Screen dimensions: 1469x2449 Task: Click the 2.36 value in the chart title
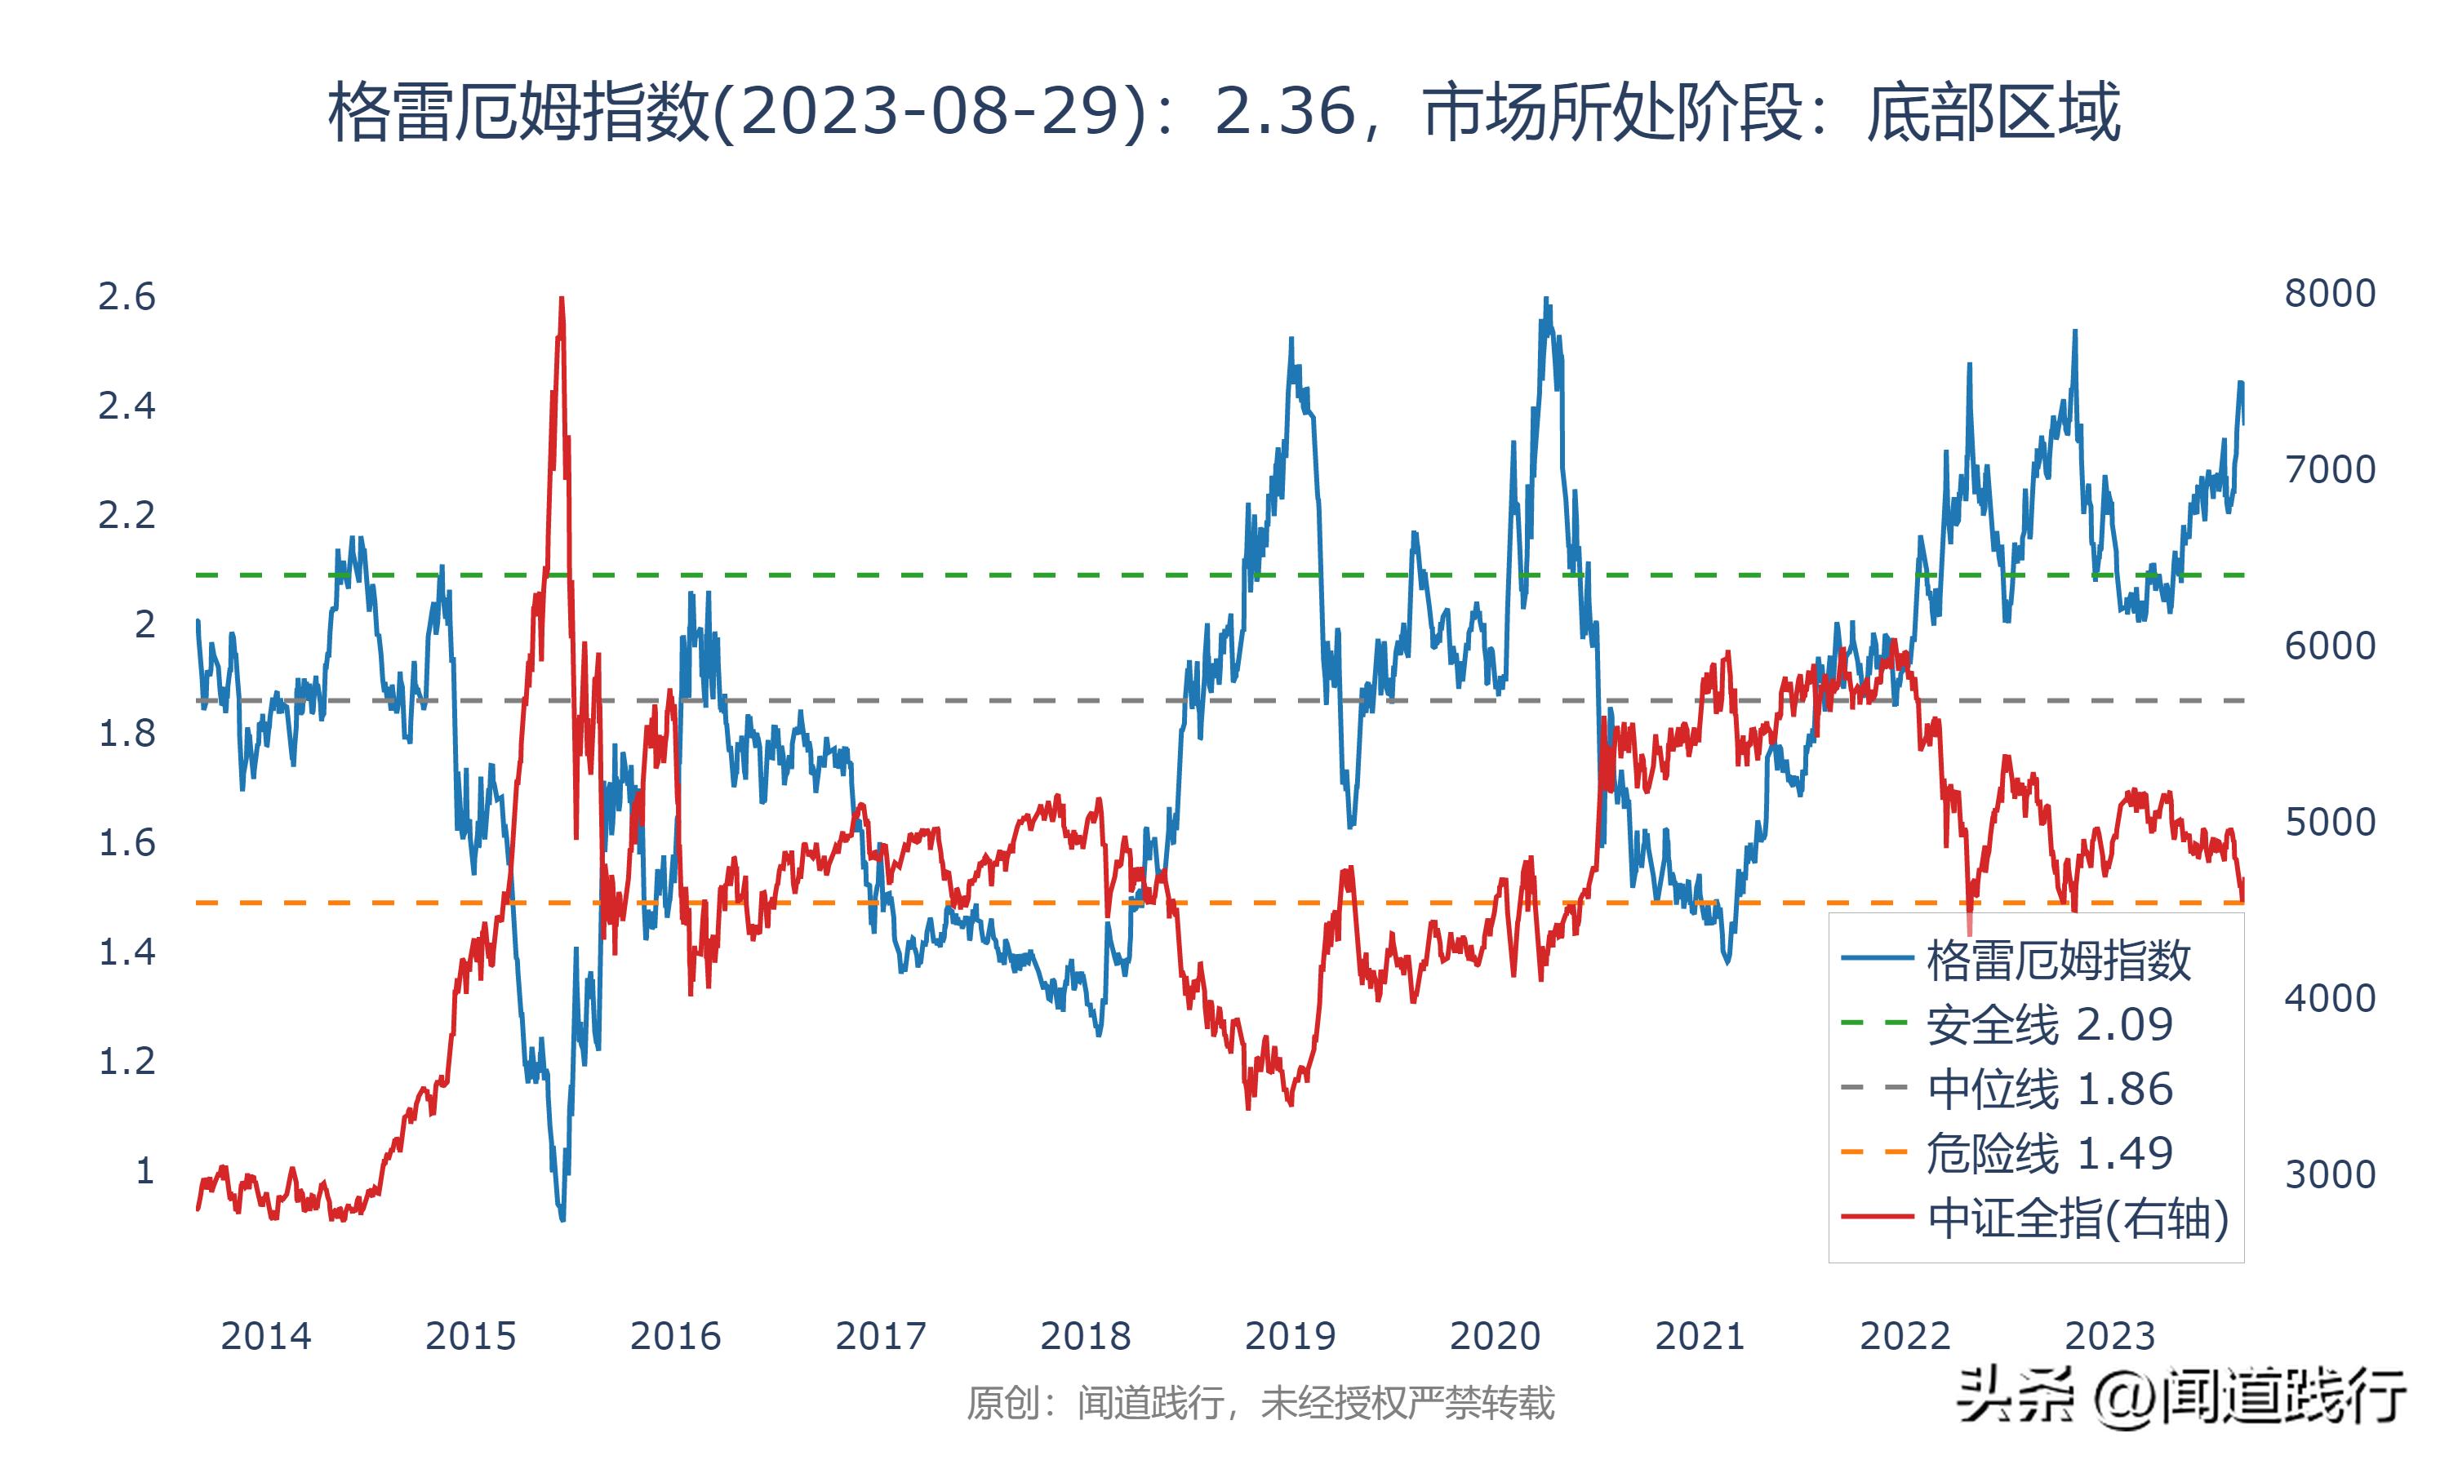1284,112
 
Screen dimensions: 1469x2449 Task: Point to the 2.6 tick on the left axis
127,297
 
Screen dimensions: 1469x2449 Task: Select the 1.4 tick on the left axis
127,952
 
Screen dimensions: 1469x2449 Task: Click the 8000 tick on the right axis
2329,294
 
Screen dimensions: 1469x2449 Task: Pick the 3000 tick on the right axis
2329,1175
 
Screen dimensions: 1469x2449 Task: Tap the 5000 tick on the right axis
2329,823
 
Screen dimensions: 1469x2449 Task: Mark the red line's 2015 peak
562,298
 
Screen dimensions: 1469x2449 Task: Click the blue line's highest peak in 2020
1546,299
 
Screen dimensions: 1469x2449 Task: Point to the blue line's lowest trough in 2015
562,1218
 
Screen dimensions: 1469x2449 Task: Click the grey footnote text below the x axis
1260,1404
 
